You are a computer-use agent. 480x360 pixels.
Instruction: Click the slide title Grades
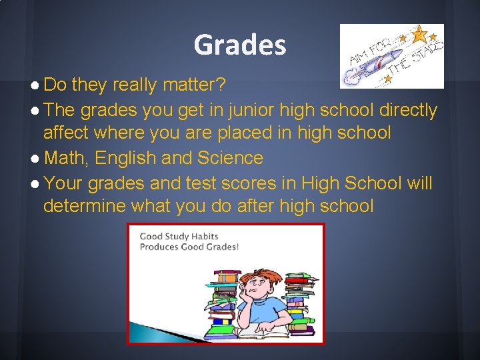(240, 45)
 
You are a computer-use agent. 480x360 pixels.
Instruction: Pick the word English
(127, 159)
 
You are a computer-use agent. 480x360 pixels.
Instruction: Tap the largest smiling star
(419, 31)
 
